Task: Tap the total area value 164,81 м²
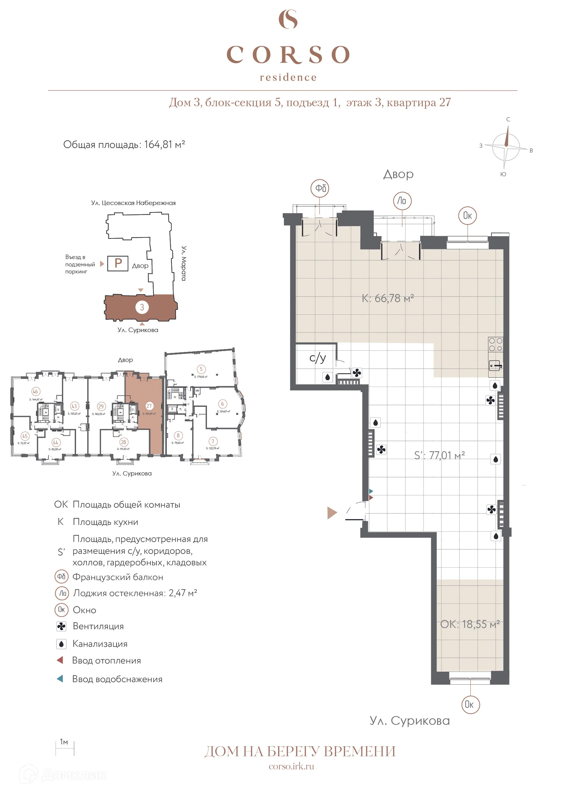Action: coord(164,144)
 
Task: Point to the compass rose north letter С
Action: coord(508,119)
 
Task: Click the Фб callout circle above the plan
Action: coord(320,188)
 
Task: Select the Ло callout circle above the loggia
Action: coord(402,201)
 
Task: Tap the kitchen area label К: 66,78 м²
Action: coord(388,298)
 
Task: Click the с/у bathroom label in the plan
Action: coord(318,357)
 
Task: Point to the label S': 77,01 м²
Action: coord(439,455)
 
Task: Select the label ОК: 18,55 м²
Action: coord(470,624)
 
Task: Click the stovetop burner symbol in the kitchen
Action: coord(495,344)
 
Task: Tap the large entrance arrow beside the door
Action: coord(332,513)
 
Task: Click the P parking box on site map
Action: coord(118,263)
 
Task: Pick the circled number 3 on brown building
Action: coord(142,307)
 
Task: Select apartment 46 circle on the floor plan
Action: coord(35,391)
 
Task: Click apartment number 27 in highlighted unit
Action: coord(149,406)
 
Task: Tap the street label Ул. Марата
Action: coord(184,263)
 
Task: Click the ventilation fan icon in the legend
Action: coord(61,626)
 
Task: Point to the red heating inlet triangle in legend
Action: coord(60,660)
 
